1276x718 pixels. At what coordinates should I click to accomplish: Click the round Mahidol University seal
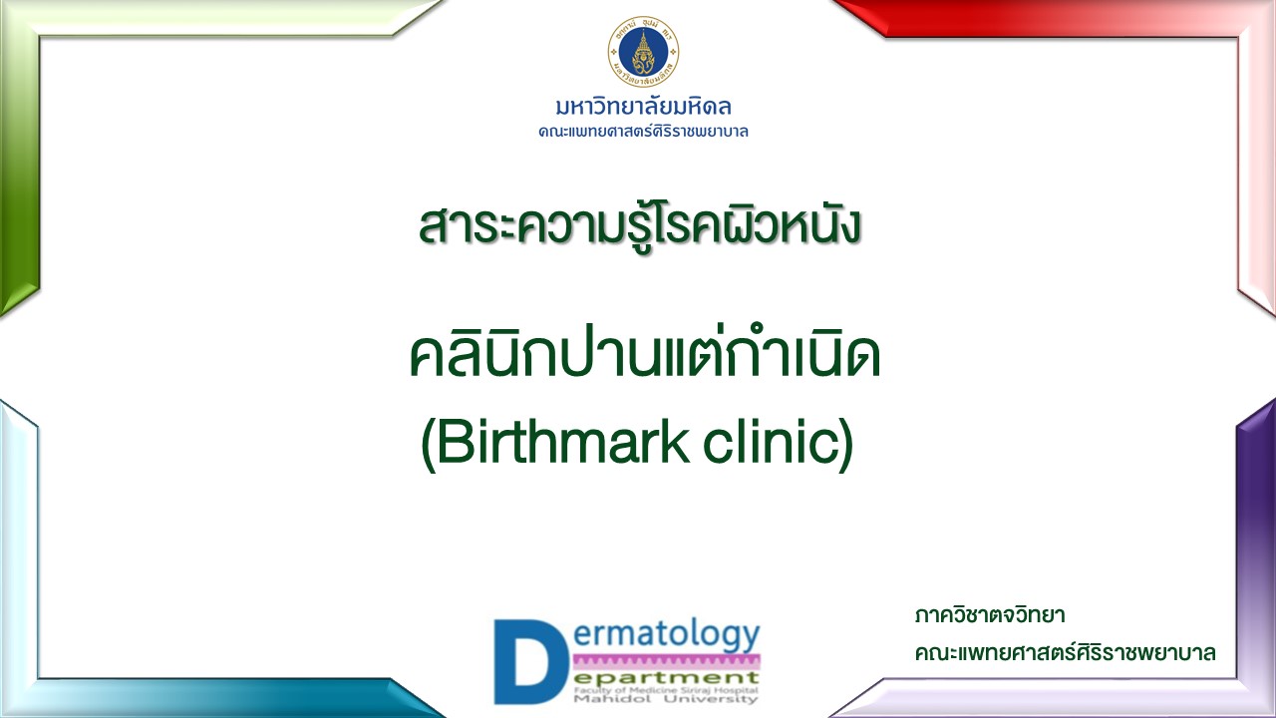point(643,51)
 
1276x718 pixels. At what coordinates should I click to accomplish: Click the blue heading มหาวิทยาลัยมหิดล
point(643,107)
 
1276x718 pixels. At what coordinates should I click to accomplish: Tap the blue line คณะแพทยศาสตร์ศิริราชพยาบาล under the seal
point(643,132)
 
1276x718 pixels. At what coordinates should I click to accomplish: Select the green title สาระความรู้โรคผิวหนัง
point(640,225)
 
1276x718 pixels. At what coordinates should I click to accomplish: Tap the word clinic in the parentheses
point(772,442)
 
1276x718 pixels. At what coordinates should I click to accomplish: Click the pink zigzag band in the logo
point(666,662)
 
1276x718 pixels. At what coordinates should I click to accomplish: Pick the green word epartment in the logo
point(666,679)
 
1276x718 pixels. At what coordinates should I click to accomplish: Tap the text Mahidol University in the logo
point(666,699)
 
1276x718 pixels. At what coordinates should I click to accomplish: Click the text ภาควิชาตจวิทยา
point(990,616)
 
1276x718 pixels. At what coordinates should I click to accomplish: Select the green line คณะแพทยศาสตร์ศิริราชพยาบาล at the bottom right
point(1066,653)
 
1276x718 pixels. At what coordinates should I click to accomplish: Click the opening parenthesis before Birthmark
point(428,445)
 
